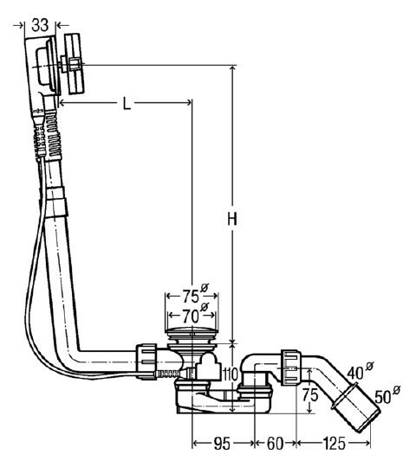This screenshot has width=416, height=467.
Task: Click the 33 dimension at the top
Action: click(40, 25)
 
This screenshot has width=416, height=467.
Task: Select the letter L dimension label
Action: click(127, 104)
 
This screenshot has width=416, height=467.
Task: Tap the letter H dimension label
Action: click(232, 219)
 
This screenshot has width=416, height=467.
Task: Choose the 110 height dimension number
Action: click(230, 374)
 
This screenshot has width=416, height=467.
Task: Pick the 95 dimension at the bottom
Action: click(222, 444)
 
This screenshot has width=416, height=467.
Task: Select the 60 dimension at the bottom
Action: click(275, 444)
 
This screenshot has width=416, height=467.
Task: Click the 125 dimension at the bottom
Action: click(335, 444)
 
